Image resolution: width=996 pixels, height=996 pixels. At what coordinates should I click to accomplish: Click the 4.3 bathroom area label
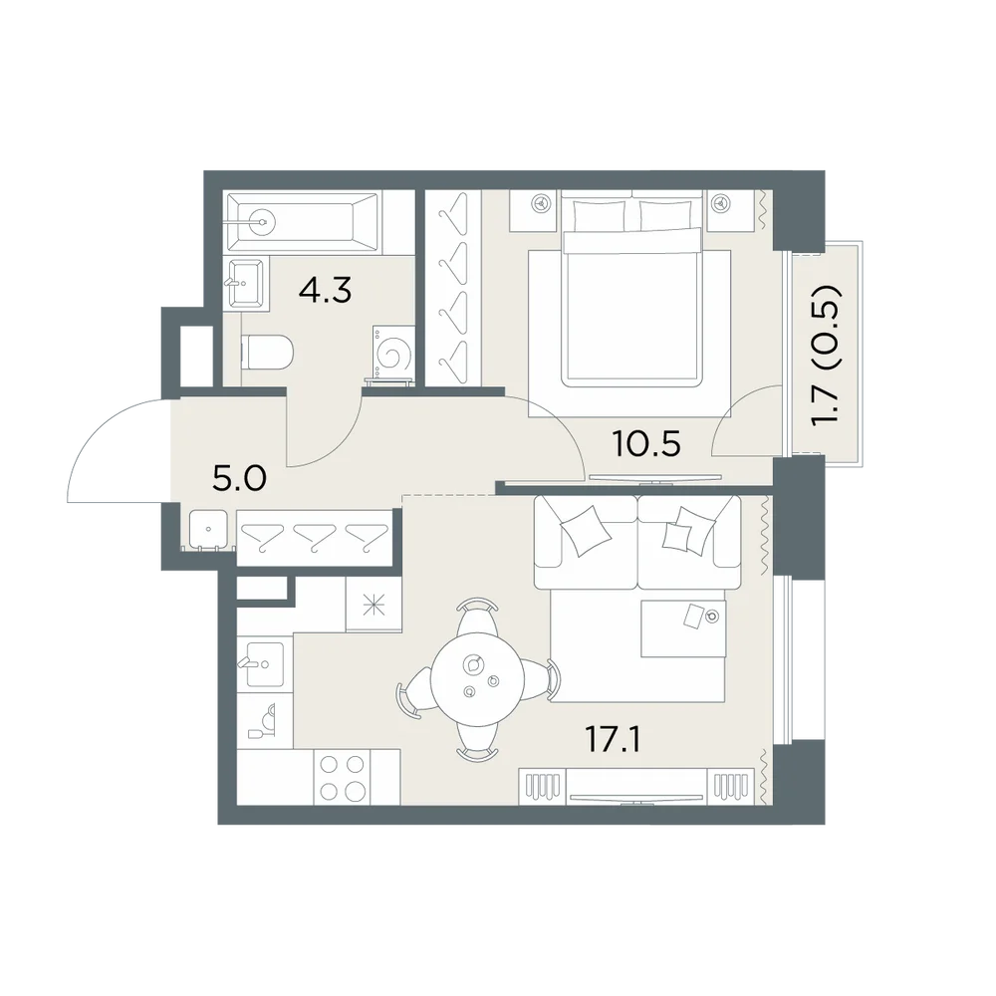click(326, 291)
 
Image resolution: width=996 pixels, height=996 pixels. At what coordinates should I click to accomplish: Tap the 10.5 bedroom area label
click(646, 443)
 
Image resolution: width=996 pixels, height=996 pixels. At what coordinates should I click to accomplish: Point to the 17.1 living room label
click(613, 740)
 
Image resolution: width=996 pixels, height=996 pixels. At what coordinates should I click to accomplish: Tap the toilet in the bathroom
click(267, 352)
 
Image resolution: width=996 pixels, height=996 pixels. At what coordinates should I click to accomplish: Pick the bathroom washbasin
click(245, 283)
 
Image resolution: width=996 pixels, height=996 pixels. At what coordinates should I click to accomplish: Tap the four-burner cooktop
click(342, 777)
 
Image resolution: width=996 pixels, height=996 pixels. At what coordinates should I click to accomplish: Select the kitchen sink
click(264, 664)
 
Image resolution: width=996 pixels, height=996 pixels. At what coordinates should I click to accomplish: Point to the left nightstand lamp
click(541, 203)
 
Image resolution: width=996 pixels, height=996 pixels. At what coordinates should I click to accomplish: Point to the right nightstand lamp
click(720, 203)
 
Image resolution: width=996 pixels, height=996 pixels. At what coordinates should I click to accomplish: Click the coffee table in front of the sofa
click(683, 628)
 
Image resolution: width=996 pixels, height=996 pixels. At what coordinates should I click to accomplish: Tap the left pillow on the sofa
click(583, 531)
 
